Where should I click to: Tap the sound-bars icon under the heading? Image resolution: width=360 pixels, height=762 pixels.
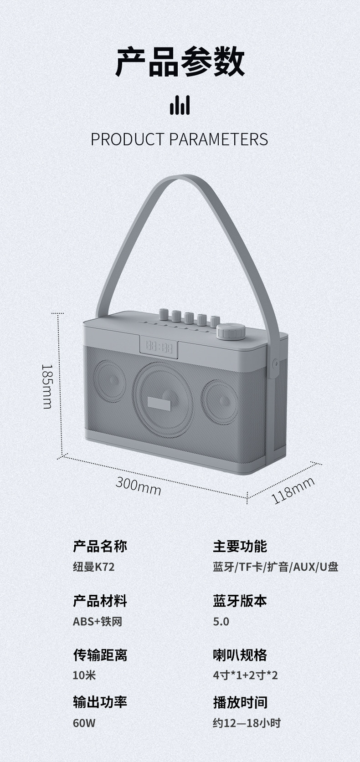(x=180, y=105)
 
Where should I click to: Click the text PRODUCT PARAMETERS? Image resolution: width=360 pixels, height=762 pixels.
(x=180, y=139)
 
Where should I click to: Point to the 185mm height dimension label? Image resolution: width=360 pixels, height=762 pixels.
(x=47, y=385)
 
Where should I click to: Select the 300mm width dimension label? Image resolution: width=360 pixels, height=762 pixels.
(x=138, y=485)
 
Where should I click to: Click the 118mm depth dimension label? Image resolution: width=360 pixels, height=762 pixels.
(x=293, y=490)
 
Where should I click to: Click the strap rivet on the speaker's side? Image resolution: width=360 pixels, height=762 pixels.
(x=275, y=363)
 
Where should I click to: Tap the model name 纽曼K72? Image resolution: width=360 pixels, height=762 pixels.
(x=93, y=567)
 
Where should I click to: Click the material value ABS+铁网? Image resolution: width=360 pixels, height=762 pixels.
(x=98, y=621)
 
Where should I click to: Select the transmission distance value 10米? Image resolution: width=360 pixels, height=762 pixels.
(x=84, y=675)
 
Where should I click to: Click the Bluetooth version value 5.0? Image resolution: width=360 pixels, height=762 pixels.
(x=221, y=621)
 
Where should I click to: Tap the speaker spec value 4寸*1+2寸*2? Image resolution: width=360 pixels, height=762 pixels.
(x=245, y=675)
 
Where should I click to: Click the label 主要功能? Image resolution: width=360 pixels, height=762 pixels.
(x=240, y=546)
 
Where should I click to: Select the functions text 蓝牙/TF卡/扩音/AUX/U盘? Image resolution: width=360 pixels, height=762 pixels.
(x=275, y=567)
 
